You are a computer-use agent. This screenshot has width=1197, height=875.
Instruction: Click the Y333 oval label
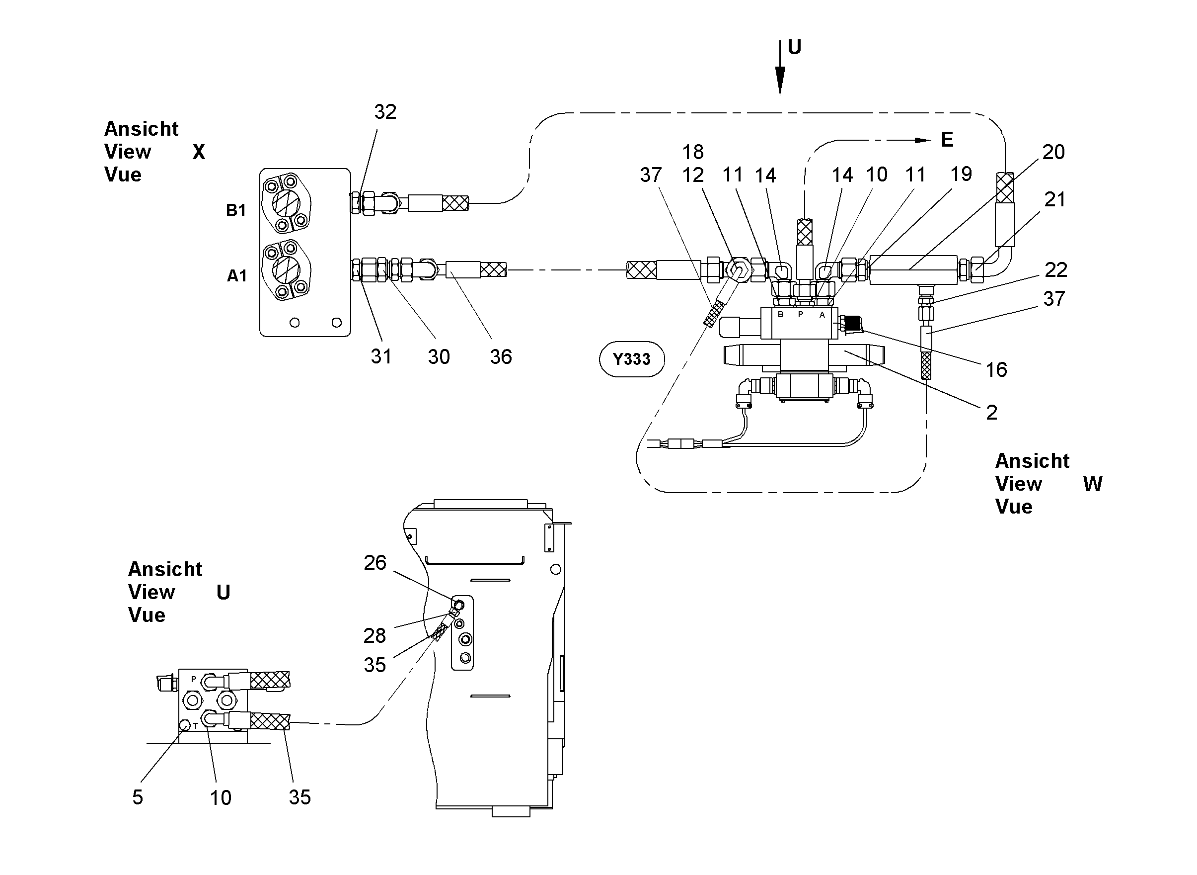click(x=631, y=359)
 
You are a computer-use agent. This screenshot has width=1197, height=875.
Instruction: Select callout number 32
click(x=385, y=112)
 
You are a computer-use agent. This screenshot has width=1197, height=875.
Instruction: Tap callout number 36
click(x=501, y=357)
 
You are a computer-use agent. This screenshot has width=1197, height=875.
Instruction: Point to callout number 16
click(x=996, y=370)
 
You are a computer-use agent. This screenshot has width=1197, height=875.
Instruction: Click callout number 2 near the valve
click(x=992, y=413)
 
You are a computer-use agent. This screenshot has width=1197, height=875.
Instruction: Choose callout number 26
click(x=375, y=562)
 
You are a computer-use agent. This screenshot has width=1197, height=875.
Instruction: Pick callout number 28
click(x=374, y=635)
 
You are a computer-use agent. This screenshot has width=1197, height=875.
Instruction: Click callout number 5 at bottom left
click(x=138, y=797)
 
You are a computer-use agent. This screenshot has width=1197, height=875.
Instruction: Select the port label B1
click(x=236, y=210)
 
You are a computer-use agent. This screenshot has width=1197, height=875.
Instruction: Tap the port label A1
click(x=237, y=276)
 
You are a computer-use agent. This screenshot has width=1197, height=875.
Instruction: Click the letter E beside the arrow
click(x=947, y=140)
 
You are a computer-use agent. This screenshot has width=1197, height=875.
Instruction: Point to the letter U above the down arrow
click(x=794, y=47)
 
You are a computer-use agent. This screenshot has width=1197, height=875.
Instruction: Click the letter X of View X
click(x=199, y=152)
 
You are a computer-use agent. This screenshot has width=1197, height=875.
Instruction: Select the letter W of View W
click(x=1093, y=484)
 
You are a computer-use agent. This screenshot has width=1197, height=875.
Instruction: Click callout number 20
click(x=1053, y=152)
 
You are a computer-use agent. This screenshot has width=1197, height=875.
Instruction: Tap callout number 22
click(x=1056, y=270)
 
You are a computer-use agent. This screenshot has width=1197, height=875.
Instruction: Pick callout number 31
click(x=381, y=356)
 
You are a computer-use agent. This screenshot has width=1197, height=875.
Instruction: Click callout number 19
click(x=961, y=174)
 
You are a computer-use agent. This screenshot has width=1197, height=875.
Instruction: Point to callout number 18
click(x=693, y=152)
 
